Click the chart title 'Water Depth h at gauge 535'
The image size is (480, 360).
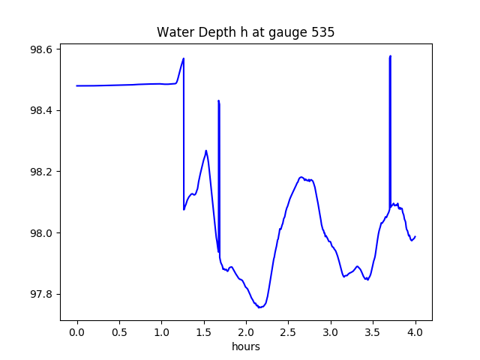245,32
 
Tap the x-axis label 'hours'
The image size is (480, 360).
245,346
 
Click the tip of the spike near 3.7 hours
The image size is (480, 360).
390,56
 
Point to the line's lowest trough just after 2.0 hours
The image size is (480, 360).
259,307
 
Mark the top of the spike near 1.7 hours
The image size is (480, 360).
218,100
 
